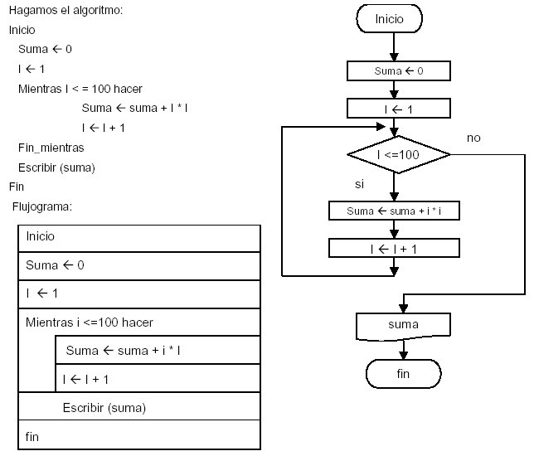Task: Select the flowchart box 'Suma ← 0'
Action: (x=399, y=71)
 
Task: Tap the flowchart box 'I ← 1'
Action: (x=399, y=108)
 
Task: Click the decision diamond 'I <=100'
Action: (x=399, y=154)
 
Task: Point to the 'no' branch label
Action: (x=473, y=138)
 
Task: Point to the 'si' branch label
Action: (x=360, y=183)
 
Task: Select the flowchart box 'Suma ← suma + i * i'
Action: (x=394, y=211)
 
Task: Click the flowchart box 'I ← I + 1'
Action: (x=394, y=248)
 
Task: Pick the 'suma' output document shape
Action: (x=403, y=325)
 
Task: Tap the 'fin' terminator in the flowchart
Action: (x=403, y=374)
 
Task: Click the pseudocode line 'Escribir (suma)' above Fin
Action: (x=56, y=167)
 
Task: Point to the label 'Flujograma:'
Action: (x=44, y=206)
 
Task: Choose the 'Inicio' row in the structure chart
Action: (x=138, y=237)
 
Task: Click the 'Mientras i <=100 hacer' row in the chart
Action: (x=138, y=322)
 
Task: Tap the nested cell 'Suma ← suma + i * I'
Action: (x=158, y=351)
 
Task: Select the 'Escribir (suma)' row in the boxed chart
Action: (x=138, y=407)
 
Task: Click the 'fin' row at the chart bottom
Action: (x=138, y=436)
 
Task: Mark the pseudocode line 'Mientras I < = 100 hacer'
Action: (x=81, y=88)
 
